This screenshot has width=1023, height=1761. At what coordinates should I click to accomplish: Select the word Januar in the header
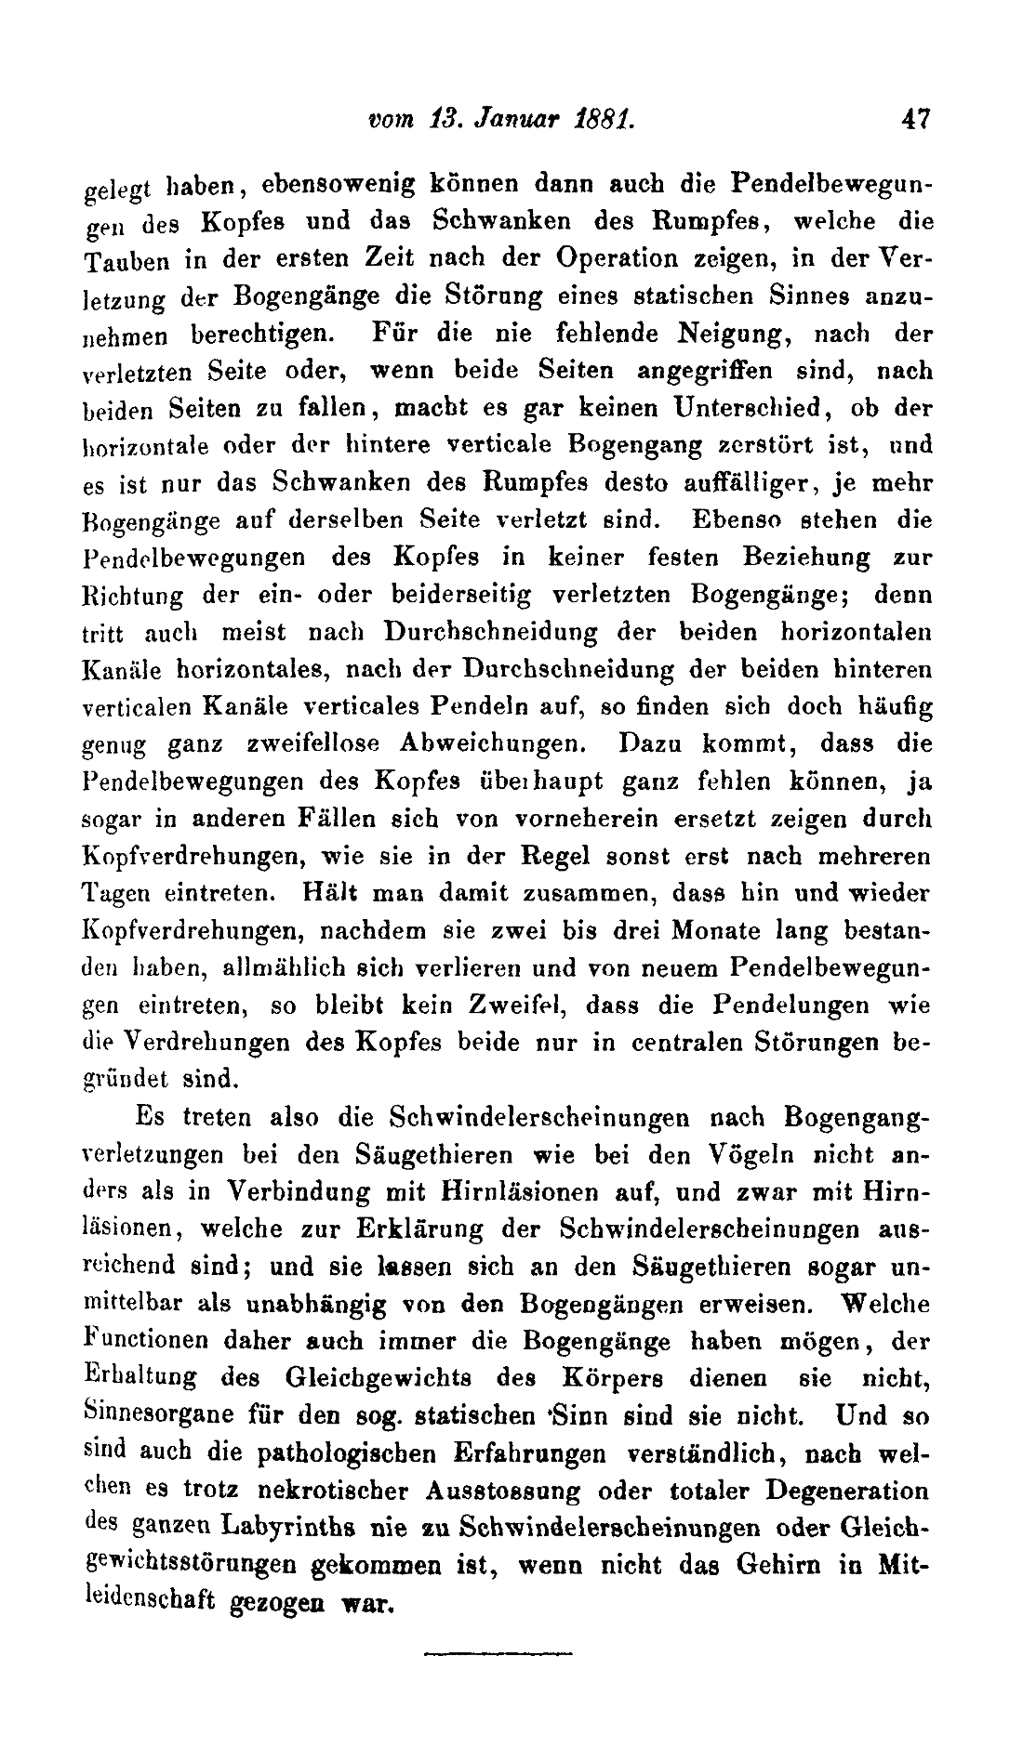coord(508,119)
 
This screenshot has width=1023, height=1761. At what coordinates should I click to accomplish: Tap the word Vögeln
coord(752,1154)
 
